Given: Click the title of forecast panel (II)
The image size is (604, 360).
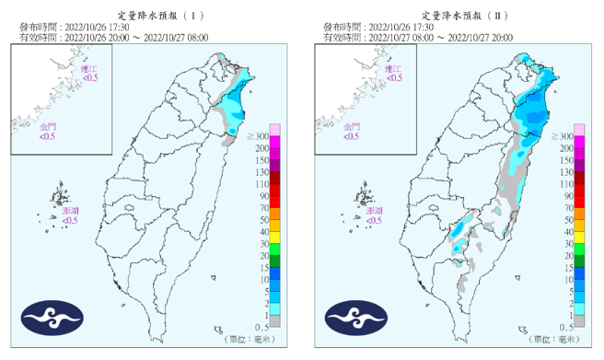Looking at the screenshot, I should (455, 15).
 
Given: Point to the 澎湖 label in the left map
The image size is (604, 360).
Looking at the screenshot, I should (70, 211).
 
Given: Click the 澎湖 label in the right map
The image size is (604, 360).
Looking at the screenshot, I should (374, 211).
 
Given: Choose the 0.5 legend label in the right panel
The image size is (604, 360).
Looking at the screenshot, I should (566, 327).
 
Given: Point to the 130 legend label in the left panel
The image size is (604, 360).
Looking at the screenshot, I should (261, 171).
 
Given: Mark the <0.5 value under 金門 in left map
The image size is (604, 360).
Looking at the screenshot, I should (47, 136).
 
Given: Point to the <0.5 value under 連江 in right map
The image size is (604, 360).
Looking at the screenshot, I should (393, 79).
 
